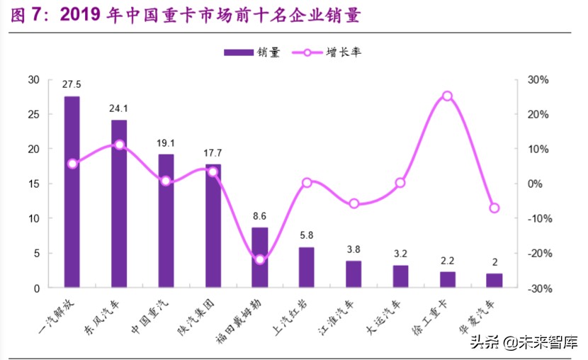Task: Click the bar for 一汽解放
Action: click(x=72, y=192)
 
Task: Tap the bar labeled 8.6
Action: click(x=260, y=257)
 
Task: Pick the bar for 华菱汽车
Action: click(x=494, y=281)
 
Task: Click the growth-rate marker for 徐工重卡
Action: click(x=447, y=96)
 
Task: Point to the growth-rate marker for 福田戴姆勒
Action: click(x=260, y=259)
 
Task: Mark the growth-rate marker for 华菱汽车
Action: click(x=494, y=208)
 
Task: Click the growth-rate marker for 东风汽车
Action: click(x=119, y=145)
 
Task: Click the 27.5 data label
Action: click(x=72, y=85)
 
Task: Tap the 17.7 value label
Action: click(x=213, y=153)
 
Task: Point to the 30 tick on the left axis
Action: click(x=33, y=79)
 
